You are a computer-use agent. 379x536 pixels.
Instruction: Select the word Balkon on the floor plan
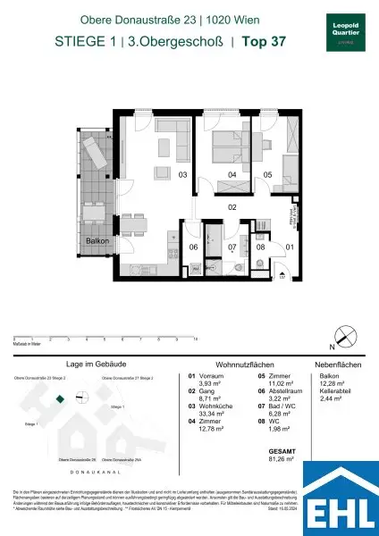[x=97, y=241]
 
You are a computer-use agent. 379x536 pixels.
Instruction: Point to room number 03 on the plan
[x=182, y=175]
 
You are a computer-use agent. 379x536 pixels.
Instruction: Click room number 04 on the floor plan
[x=232, y=175]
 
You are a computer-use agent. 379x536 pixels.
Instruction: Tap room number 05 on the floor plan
[x=266, y=175]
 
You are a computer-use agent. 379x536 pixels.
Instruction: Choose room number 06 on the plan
[x=192, y=247]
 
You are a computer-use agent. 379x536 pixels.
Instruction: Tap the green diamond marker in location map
[x=60, y=399]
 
